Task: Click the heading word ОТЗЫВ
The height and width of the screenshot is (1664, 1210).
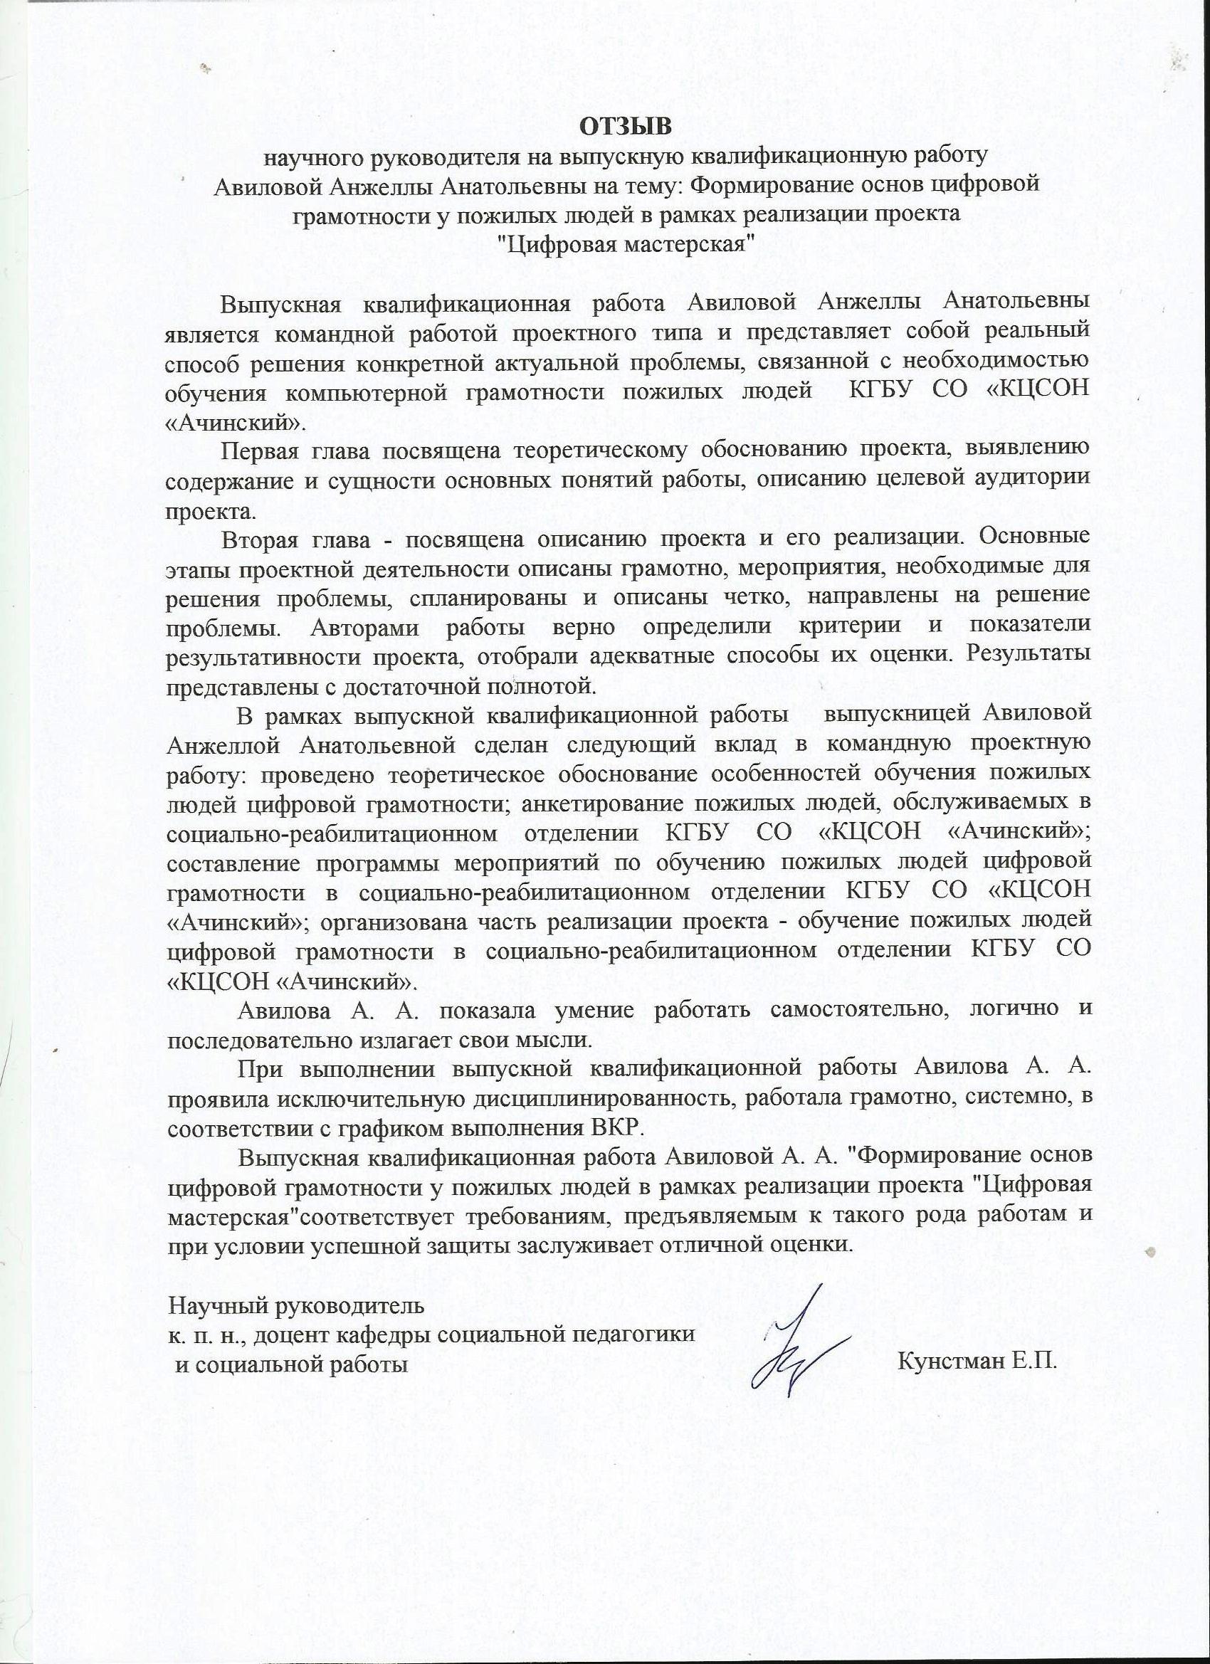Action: (626, 127)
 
